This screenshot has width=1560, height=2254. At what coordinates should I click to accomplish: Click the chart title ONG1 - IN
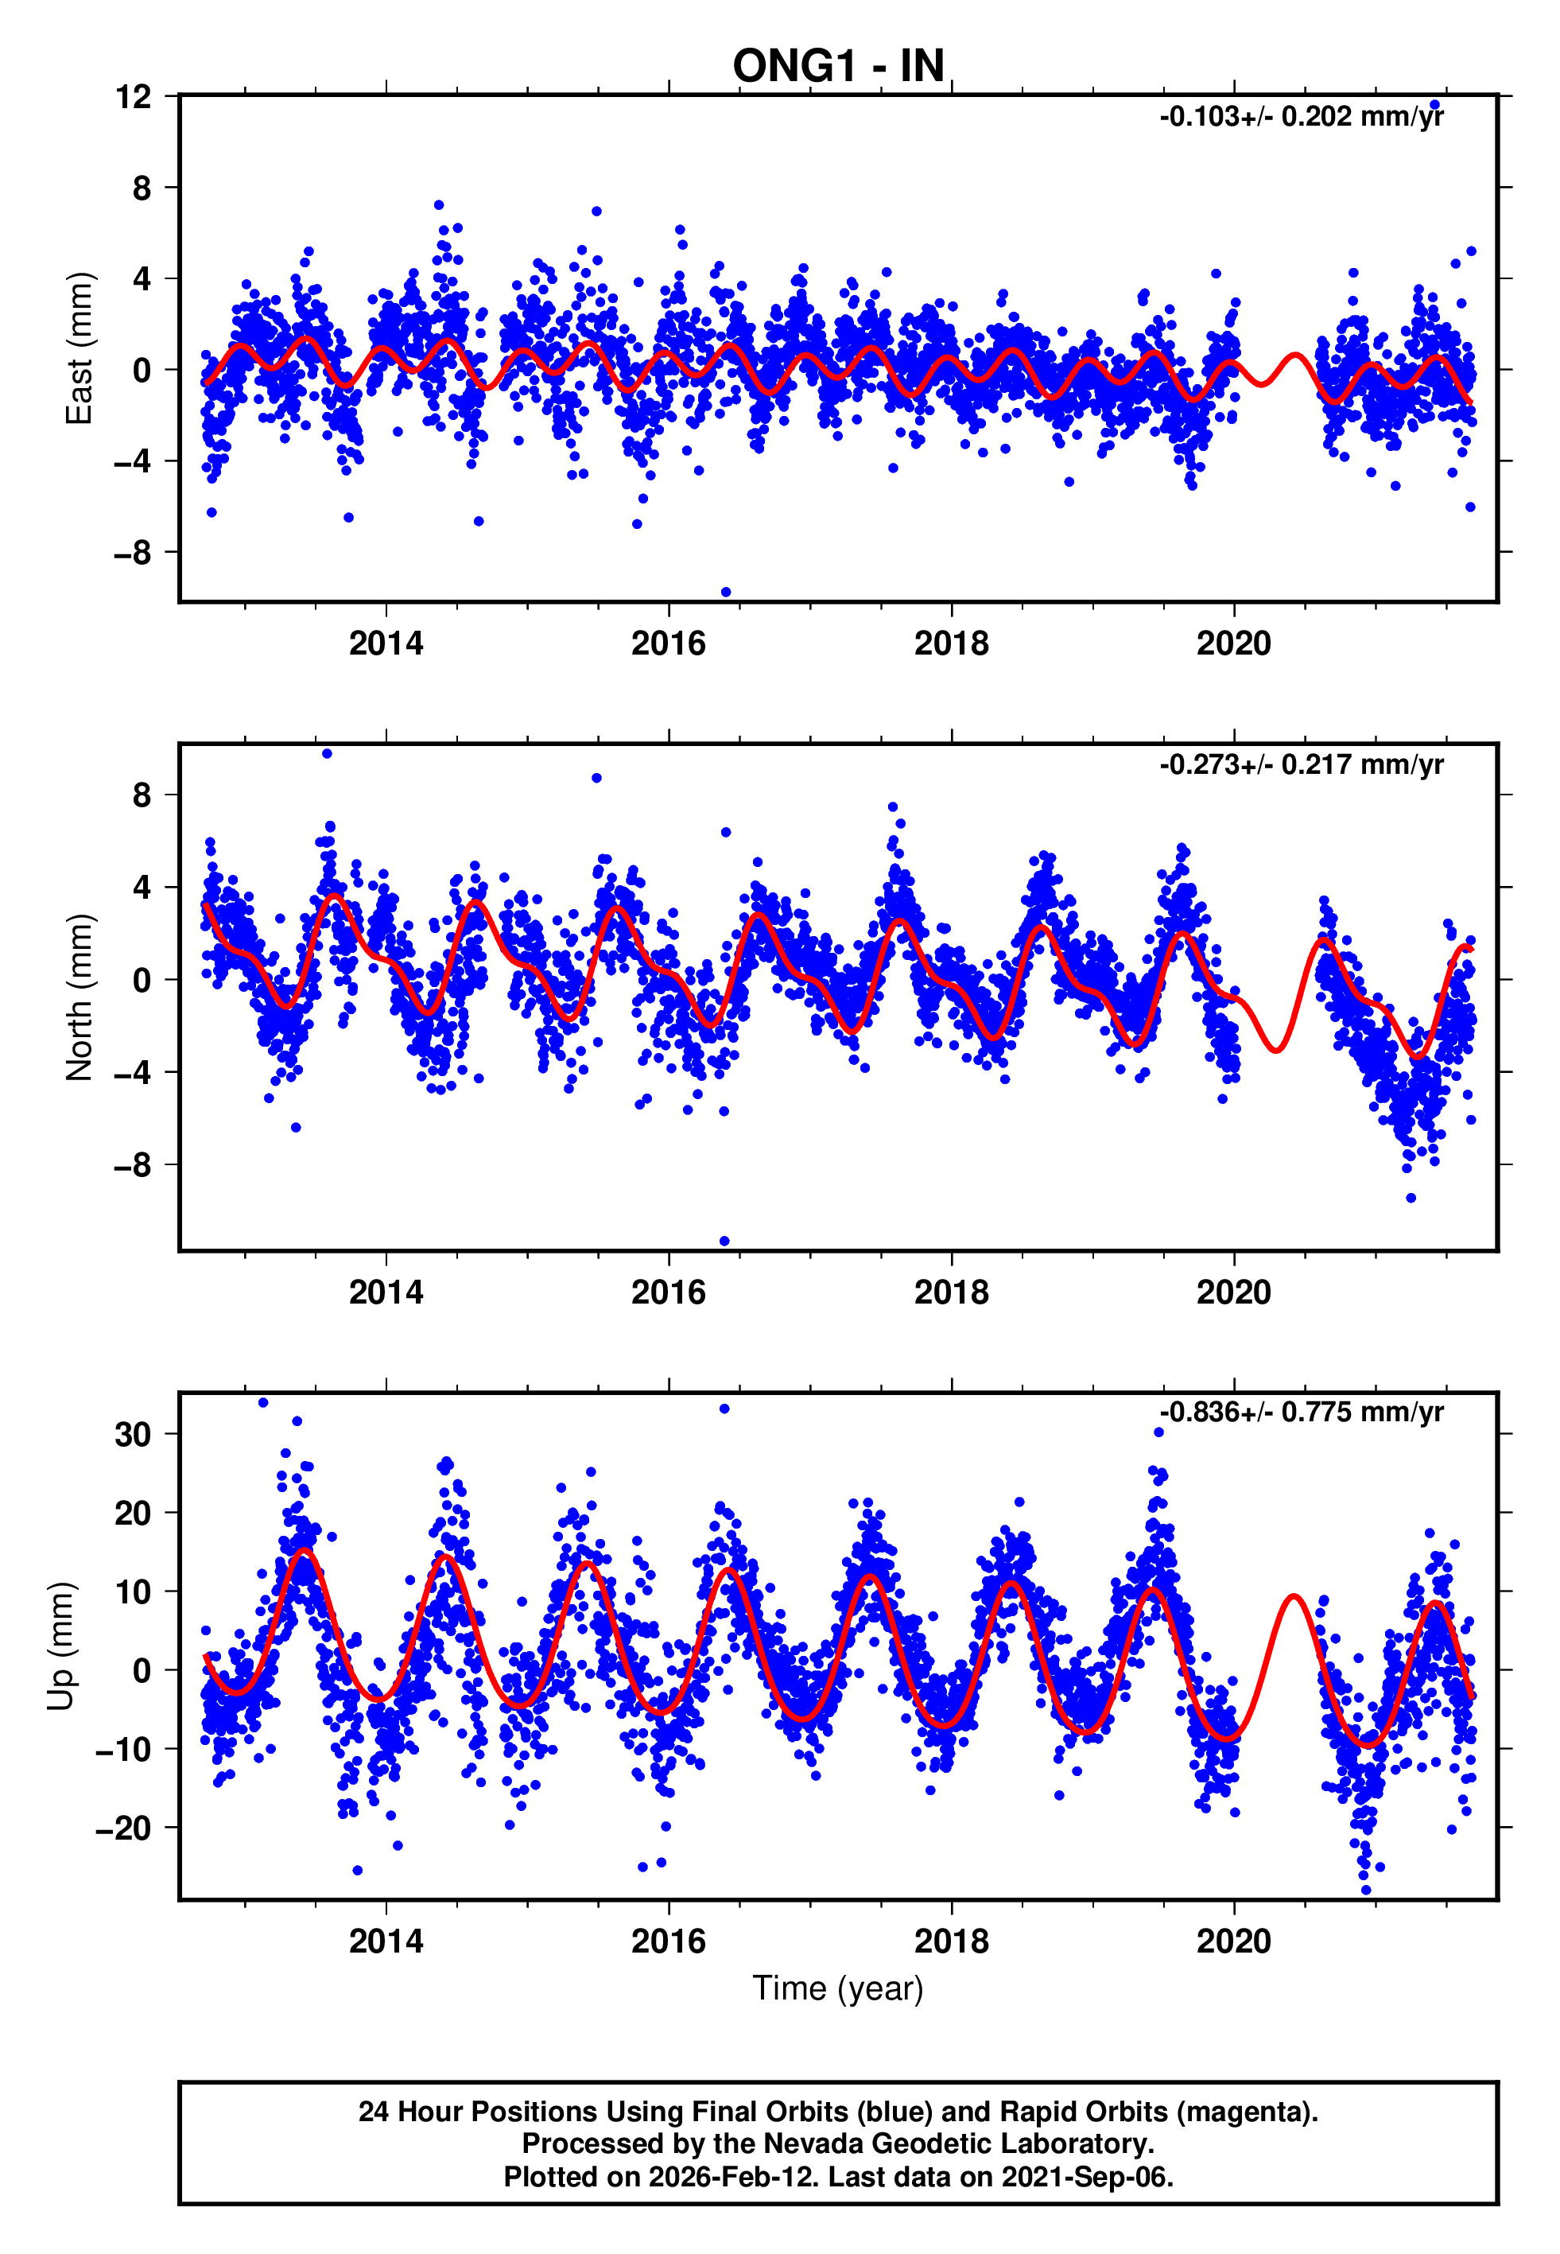point(838,67)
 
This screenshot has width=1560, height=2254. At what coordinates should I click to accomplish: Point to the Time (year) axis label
point(838,1988)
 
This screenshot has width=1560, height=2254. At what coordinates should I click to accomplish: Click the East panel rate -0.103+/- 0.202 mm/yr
point(1301,117)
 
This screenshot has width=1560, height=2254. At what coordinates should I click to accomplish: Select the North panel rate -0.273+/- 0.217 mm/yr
point(1301,764)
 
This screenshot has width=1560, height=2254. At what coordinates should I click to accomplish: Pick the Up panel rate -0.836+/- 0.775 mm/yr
point(1301,1413)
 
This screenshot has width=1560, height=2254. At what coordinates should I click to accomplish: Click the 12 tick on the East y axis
point(133,97)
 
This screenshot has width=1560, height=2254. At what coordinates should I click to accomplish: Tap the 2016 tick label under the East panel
point(669,643)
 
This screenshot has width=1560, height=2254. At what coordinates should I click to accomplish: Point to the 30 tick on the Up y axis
point(133,1435)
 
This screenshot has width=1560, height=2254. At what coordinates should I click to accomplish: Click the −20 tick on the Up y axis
point(123,1828)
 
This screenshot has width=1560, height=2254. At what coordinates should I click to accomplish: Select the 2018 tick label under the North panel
point(951,1292)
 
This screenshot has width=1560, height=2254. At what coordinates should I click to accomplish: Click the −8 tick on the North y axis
point(133,1165)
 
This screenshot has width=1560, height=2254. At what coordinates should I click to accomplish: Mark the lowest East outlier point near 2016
point(725,593)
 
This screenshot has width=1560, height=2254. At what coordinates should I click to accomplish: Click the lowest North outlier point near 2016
point(724,1242)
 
